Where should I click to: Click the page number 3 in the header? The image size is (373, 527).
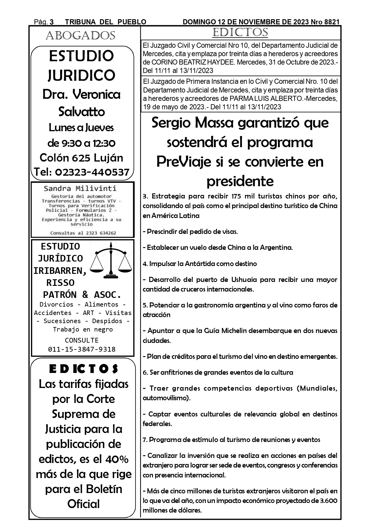pos(52,22)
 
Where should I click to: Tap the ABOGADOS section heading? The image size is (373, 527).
pos(80,36)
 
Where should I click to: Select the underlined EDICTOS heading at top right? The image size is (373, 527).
pos(240,32)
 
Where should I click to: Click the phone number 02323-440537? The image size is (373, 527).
pos(92,172)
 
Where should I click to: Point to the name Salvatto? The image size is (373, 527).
pos(81,112)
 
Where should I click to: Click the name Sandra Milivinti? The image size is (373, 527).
pos(80,189)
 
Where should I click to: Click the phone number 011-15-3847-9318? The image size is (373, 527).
pos(82,349)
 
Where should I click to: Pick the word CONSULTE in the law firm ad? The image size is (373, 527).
pos(82,340)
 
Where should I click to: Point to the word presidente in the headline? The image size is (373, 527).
pos(240,181)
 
